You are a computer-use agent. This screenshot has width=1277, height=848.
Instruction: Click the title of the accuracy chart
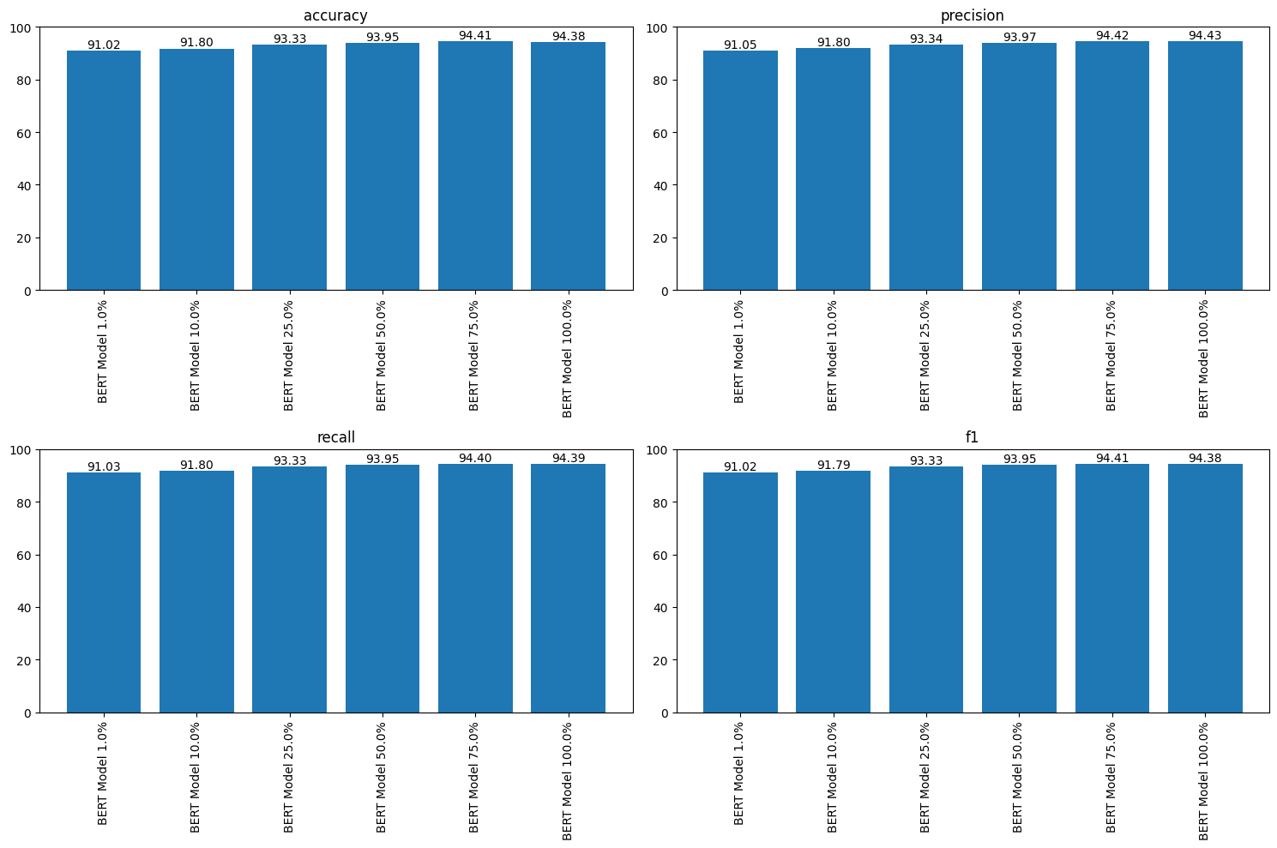click(335, 15)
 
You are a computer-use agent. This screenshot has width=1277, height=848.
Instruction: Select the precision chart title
click(972, 15)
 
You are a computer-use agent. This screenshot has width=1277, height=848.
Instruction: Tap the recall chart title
click(335, 437)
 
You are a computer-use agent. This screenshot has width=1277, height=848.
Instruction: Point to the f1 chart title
click(972, 437)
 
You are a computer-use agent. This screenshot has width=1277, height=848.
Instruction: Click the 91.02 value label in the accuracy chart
click(104, 45)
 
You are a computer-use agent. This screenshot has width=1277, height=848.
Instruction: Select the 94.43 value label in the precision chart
click(1205, 35)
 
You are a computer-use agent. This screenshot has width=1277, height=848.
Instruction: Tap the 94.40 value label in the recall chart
click(475, 458)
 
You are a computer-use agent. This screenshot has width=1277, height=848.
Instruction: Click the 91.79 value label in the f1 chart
click(833, 465)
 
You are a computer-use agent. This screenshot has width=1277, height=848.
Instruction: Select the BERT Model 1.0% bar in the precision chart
click(740, 171)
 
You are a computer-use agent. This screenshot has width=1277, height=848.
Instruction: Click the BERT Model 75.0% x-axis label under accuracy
click(474, 355)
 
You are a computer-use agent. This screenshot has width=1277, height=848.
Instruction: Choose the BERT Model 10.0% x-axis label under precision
click(832, 355)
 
